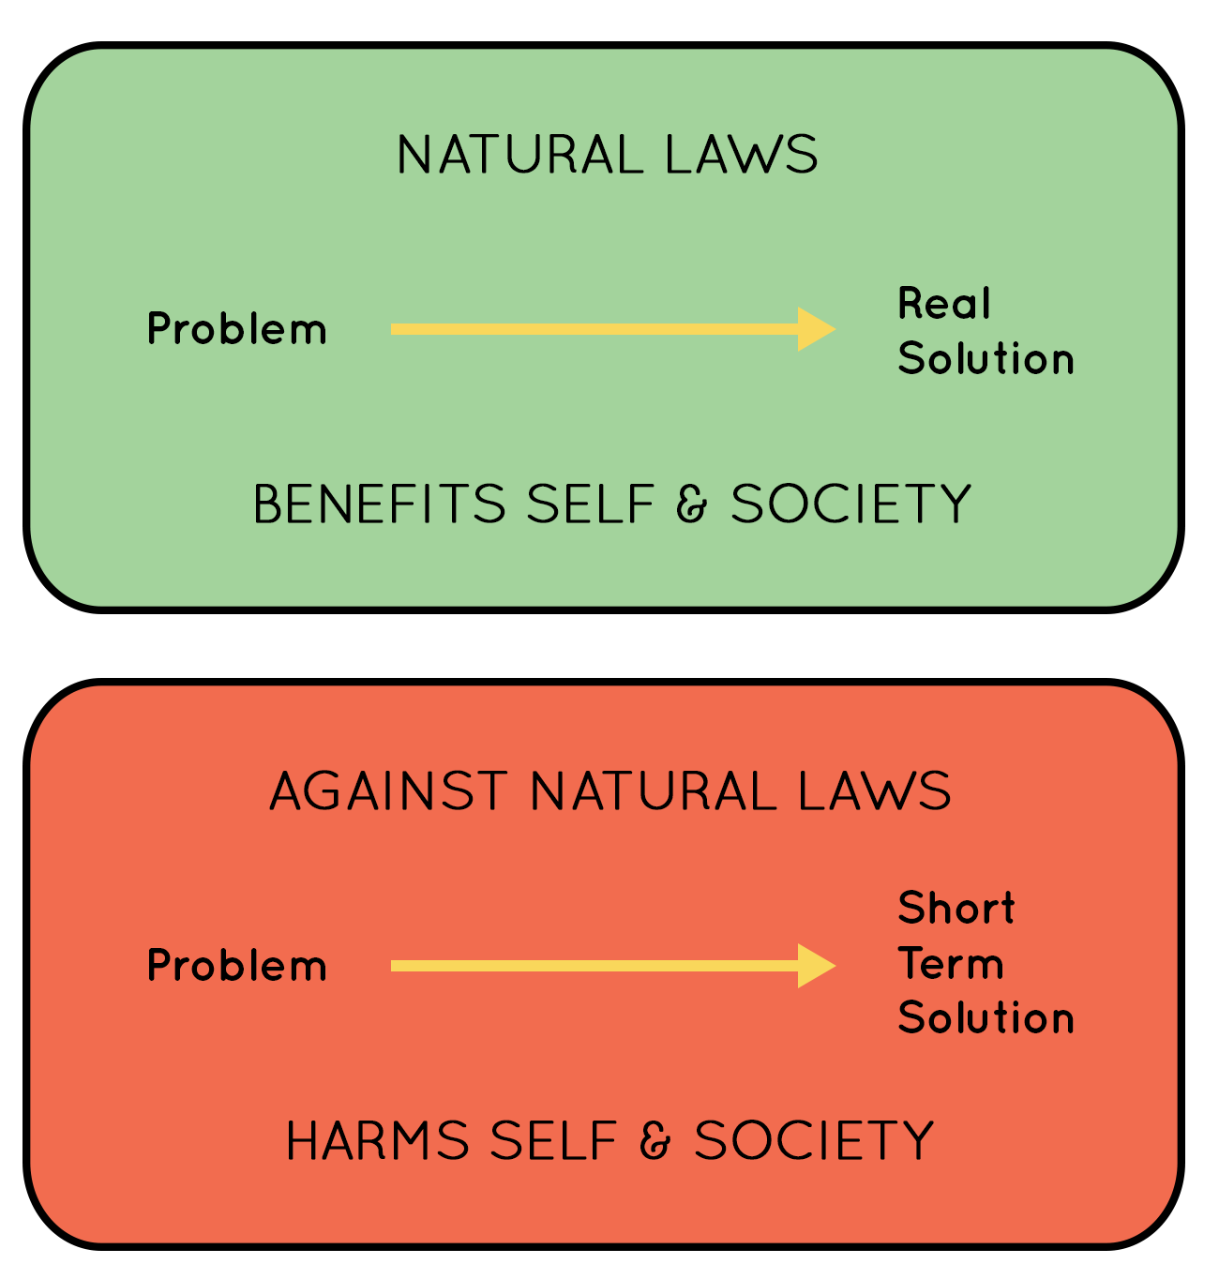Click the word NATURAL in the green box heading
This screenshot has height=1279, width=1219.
tap(520, 154)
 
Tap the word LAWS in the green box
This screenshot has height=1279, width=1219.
tap(742, 154)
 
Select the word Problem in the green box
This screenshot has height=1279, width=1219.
tap(237, 329)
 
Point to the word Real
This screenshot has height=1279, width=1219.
tap(943, 303)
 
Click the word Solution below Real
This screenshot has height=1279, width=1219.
tap(986, 358)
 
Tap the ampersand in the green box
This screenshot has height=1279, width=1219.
tap(691, 504)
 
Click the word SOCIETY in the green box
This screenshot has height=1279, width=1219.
tap(851, 504)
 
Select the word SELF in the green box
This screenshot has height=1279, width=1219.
tap(591, 504)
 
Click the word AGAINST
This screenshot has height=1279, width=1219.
tap(388, 791)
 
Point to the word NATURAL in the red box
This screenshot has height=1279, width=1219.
tap(655, 791)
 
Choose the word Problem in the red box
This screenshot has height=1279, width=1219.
tap(237, 966)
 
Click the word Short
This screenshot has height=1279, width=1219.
tap(956, 908)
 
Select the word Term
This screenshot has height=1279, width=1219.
tap(951, 963)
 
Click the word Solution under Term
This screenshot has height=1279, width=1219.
tap(986, 1018)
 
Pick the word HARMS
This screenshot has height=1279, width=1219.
tap(378, 1140)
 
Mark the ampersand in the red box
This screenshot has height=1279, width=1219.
tap(655, 1140)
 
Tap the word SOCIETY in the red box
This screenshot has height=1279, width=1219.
tap(814, 1140)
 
